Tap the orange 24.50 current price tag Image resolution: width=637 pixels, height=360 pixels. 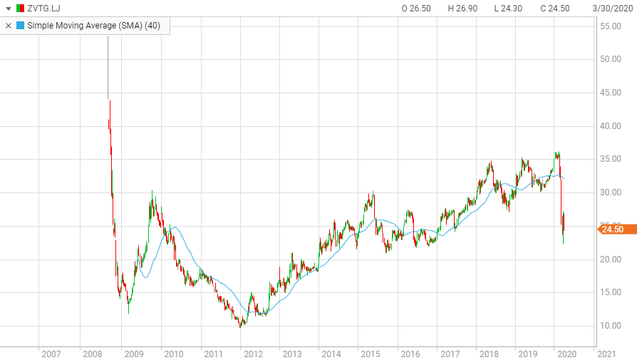[x=615, y=229]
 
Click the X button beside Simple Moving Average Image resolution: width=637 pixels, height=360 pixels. [x=9, y=25]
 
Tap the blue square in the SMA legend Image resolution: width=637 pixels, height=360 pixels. [x=20, y=25]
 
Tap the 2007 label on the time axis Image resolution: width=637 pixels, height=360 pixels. [x=51, y=354]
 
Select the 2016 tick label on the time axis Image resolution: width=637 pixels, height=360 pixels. [x=410, y=354]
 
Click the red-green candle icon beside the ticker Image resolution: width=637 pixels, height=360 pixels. [x=21, y=8]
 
